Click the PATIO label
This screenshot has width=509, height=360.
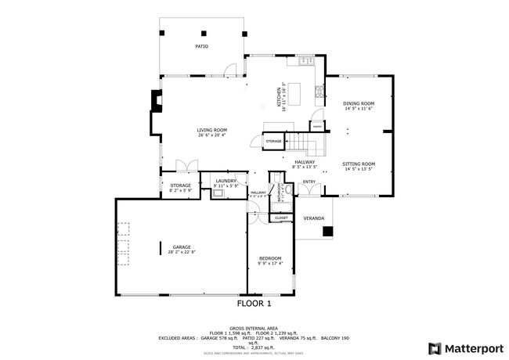(x=201, y=47)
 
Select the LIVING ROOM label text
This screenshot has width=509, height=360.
(x=211, y=130)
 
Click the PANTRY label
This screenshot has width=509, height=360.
(x=317, y=125)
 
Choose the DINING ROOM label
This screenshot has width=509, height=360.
(x=359, y=103)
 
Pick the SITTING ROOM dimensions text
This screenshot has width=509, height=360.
(x=359, y=169)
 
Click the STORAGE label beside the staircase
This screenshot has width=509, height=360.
(x=273, y=141)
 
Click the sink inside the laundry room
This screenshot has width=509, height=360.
(x=221, y=190)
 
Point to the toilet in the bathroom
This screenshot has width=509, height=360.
(x=288, y=189)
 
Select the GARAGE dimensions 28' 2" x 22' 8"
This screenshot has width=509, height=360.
(x=182, y=252)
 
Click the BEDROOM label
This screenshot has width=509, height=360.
(x=270, y=257)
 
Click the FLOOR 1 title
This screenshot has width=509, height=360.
(x=254, y=302)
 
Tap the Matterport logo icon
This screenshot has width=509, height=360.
(x=433, y=347)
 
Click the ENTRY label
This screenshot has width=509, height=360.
(x=309, y=182)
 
